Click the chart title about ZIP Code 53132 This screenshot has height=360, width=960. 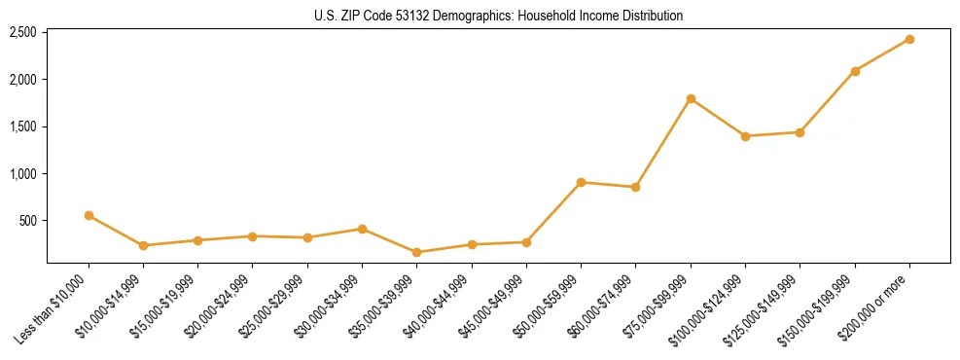[x=499, y=16]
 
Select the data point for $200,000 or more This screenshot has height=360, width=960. [x=909, y=39]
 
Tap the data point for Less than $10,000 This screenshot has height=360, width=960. [x=89, y=215]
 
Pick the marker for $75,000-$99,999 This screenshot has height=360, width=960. [x=691, y=98]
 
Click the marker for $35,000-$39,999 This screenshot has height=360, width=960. [x=417, y=252]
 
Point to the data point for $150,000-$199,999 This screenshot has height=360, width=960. [x=855, y=71]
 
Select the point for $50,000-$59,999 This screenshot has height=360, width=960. [x=581, y=182]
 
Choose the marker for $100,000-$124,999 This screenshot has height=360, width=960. [x=745, y=136]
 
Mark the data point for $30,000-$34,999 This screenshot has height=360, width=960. [x=362, y=229]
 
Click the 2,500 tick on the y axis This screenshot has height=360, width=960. [x=23, y=32]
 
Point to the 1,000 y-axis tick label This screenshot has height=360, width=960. [x=23, y=173]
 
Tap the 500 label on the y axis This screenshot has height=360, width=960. [x=27, y=221]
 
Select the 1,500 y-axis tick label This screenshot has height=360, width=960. [x=23, y=126]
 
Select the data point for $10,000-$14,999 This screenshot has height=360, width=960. [x=143, y=245]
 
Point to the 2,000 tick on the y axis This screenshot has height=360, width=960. [x=23, y=79]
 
